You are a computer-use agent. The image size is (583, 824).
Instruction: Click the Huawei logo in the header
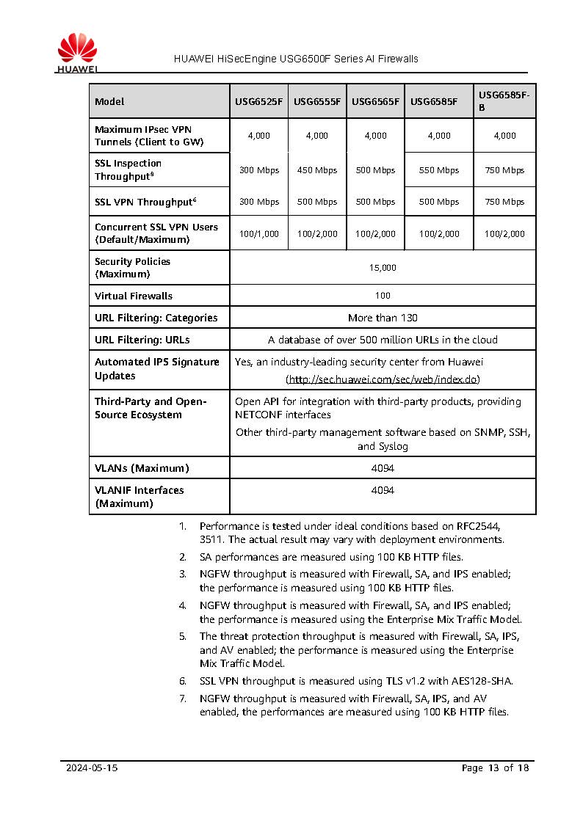(77, 53)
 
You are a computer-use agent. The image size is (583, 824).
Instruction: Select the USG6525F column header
(258, 102)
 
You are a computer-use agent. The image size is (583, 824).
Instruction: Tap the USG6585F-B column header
(504, 101)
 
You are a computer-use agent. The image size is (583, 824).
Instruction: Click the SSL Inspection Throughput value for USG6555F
(317, 170)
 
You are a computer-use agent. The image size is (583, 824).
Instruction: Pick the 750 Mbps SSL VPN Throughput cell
(504, 202)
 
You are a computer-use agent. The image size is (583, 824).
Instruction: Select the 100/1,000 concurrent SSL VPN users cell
(259, 234)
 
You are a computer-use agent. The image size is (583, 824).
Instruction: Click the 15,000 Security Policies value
(383, 268)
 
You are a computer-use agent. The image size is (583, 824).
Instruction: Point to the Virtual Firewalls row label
(134, 296)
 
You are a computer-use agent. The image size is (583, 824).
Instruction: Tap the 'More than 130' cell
(383, 318)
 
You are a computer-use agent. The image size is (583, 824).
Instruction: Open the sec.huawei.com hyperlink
(383, 379)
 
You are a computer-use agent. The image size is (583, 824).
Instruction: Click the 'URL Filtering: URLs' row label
(142, 340)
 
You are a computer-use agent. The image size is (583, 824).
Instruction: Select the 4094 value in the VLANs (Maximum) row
(383, 468)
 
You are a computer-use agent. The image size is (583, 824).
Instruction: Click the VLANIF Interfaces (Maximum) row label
(140, 497)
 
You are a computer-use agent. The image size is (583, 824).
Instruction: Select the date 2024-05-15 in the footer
(92, 768)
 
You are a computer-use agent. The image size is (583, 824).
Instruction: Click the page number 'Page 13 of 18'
(495, 768)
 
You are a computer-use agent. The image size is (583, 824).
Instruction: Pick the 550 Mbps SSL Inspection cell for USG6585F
(438, 170)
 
